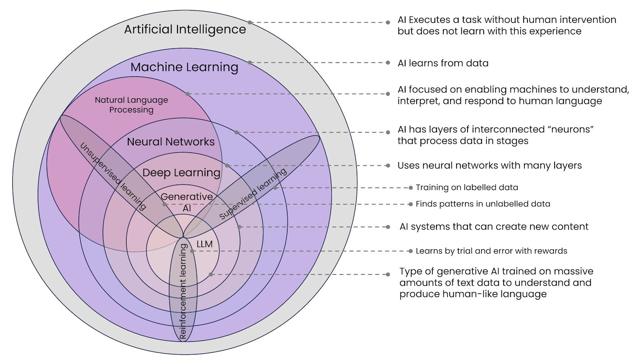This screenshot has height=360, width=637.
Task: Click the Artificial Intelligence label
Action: (185, 29)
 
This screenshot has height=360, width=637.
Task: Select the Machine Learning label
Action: (184, 67)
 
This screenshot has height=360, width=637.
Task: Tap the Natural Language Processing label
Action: (131, 105)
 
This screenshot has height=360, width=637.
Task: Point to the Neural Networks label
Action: (171, 142)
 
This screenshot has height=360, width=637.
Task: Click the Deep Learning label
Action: (181, 173)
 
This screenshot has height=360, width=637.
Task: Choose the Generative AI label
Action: (187, 202)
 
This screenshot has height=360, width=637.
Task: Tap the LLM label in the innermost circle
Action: (205, 244)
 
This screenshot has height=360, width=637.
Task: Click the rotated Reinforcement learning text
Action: (183, 291)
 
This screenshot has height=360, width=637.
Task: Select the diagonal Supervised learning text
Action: (253, 194)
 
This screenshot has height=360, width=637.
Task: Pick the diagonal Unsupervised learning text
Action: (113, 177)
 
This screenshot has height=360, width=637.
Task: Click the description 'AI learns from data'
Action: (443, 63)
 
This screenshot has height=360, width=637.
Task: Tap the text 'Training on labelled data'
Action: (467, 188)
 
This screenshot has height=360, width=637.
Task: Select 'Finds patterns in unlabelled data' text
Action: (483, 204)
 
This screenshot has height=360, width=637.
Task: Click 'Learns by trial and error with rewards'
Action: (491, 251)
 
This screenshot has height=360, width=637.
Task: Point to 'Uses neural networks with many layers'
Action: (490, 166)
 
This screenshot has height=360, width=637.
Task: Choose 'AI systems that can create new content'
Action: (494, 227)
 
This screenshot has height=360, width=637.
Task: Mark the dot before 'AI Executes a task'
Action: (388, 22)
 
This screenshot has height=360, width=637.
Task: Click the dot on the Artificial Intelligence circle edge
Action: (250, 22)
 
